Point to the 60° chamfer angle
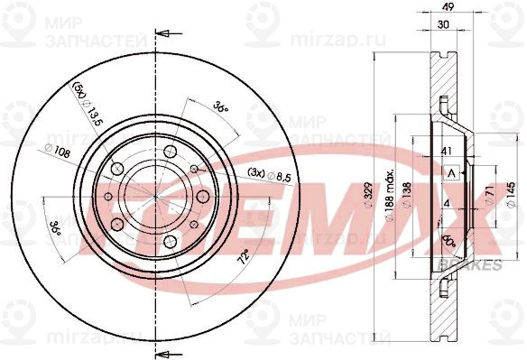(447, 242)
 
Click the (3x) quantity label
(255, 171)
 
